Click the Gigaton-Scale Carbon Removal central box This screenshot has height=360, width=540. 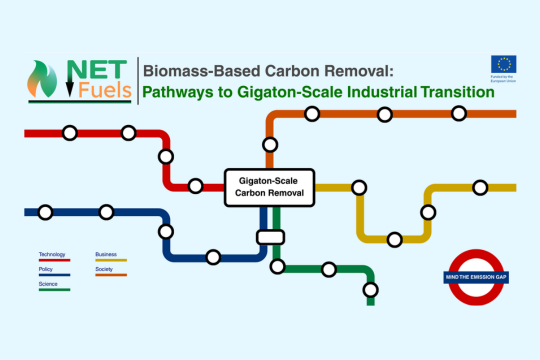[x=268, y=187]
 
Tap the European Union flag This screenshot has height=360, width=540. [x=504, y=65]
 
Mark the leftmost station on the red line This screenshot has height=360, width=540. [x=70, y=132]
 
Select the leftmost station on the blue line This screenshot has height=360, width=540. [x=44, y=211]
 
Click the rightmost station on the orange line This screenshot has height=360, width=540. [x=458, y=114]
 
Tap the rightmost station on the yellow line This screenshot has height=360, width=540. [x=480, y=187]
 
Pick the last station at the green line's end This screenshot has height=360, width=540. [x=371, y=290]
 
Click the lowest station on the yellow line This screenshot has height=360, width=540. [x=395, y=238]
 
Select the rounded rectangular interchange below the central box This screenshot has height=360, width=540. [x=268, y=237]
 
